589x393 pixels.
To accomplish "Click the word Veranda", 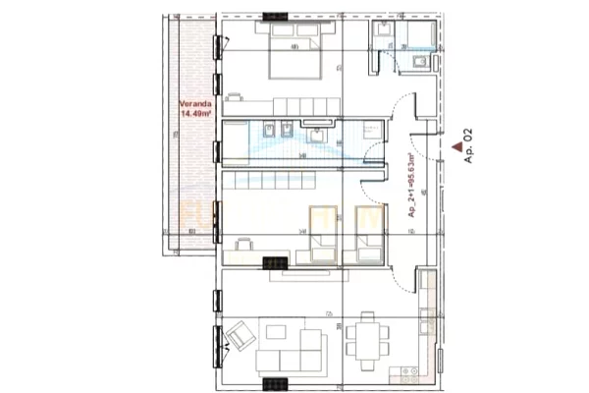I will (192, 104).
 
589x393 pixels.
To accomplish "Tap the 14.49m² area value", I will (193, 114).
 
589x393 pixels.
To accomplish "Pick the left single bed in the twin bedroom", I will (321, 234).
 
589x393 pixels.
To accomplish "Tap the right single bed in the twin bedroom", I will (363, 234).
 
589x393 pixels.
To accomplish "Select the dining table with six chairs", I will (367, 341).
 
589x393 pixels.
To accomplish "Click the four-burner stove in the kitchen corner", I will (408, 373).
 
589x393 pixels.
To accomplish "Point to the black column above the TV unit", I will (276, 263).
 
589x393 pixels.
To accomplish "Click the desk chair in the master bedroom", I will (236, 96).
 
